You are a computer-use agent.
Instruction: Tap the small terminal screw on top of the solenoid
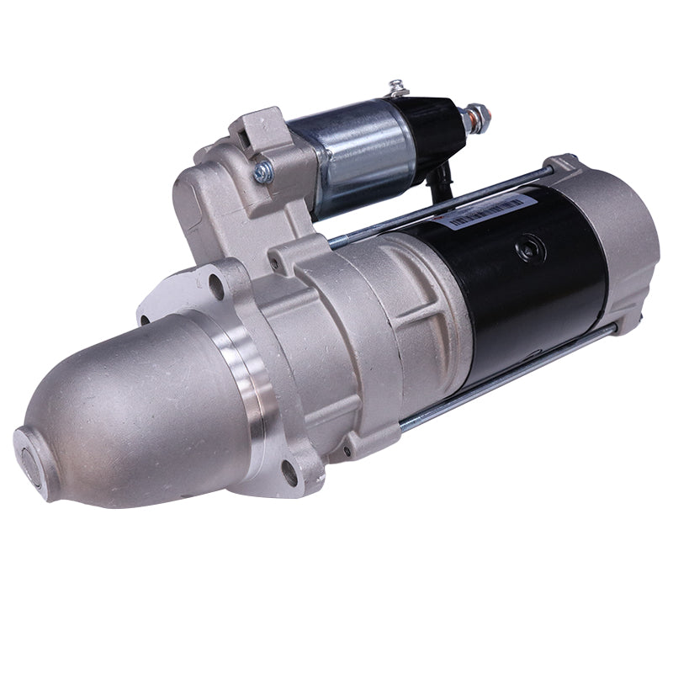tap(397, 87)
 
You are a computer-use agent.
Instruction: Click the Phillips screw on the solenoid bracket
tap(262, 172)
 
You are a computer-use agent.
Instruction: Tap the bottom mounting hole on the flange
tap(289, 474)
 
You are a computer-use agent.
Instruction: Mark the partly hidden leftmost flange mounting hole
tap(144, 320)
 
